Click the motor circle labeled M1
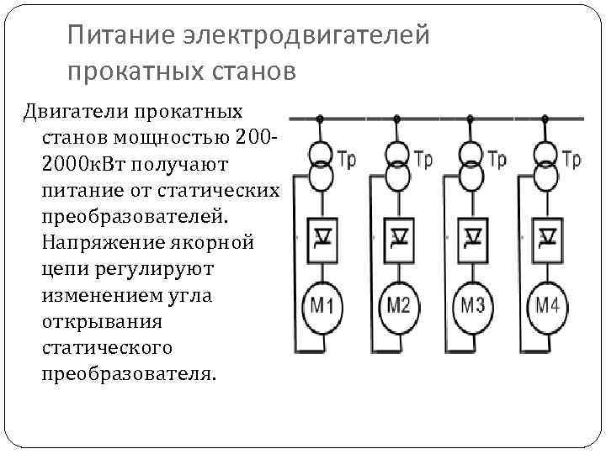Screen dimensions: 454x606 [322, 305]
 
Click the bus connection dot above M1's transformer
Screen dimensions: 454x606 [321, 118]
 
